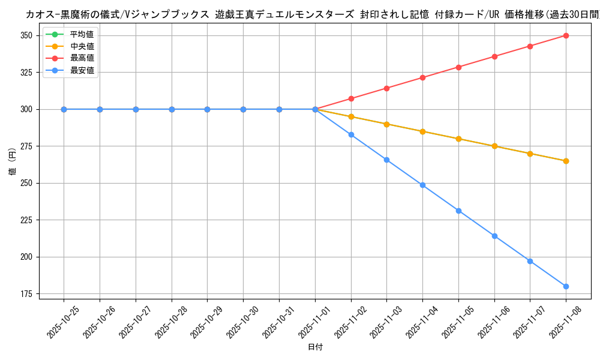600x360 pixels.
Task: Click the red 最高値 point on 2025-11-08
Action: (x=566, y=35)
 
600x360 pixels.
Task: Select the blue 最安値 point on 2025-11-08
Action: (x=566, y=286)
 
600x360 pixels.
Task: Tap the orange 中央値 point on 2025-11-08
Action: (x=566, y=161)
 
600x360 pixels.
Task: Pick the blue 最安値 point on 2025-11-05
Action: (x=458, y=211)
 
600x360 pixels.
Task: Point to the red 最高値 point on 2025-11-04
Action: (x=422, y=77)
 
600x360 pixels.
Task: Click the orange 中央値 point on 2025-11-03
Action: (x=386, y=124)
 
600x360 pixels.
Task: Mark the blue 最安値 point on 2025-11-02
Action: (x=351, y=134)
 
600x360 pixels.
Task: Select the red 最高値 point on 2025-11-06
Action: (x=494, y=56)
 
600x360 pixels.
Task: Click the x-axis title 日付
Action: (x=315, y=347)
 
